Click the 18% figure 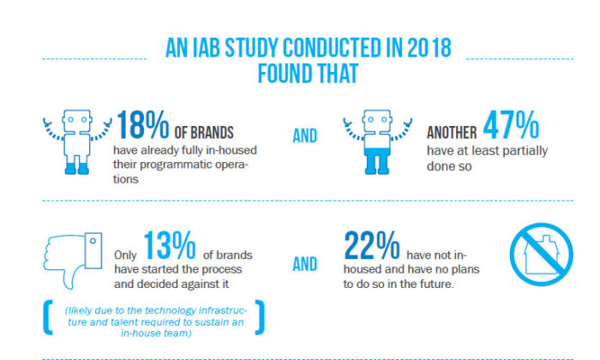tap(143, 125)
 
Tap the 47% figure tap(511, 125)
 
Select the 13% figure tap(170, 245)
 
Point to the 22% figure tap(371, 245)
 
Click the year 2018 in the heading tap(429, 48)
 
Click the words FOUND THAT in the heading tap(308, 74)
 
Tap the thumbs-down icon tap(73, 261)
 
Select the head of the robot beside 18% tap(77, 121)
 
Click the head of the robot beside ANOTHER tap(377, 121)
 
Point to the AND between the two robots tap(304, 135)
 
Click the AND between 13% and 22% tap(304, 264)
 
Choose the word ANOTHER tap(452, 133)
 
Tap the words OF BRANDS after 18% tap(204, 133)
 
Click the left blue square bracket tap(47, 317)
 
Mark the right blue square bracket tap(260, 317)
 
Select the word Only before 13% tap(125, 255)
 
